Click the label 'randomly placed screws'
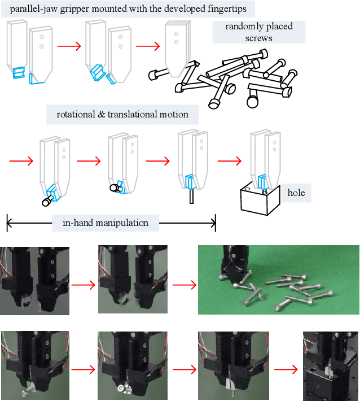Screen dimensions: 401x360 [258, 32]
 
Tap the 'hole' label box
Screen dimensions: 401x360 [296, 193]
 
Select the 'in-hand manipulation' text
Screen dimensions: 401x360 [105, 223]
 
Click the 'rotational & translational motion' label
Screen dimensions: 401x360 [122, 114]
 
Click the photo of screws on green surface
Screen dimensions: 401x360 [278, 280]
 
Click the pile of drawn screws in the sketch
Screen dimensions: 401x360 [226, 79]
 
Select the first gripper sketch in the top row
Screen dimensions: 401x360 [29, 54]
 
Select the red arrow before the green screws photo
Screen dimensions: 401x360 [183, 285]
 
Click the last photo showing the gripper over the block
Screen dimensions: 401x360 [331, 365]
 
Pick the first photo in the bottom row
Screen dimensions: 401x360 [34, 365]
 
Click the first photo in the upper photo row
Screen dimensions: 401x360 [34, 280]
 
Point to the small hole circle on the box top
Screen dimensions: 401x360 [248, 188]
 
